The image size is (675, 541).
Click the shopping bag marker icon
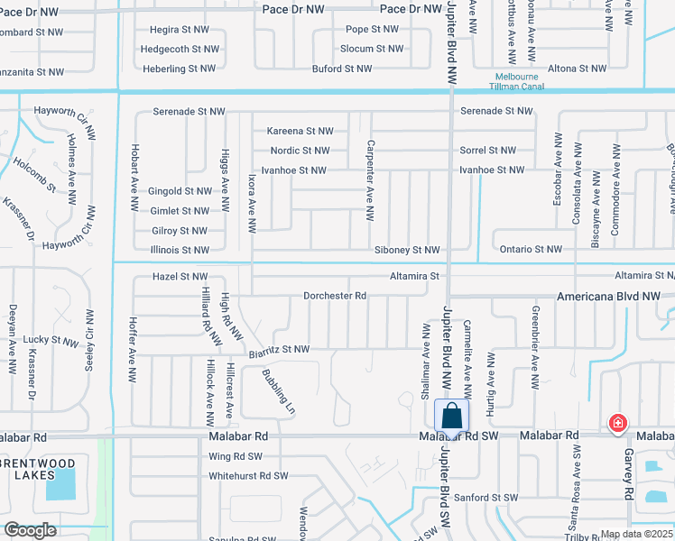point(452,417)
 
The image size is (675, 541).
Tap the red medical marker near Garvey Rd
point(617,422)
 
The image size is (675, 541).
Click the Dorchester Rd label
point(334,296)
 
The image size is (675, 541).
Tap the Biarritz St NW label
point(279,349)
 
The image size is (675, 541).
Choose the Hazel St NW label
point(180,276)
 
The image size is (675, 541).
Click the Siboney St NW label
point(408,250)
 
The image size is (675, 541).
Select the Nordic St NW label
point(301,151)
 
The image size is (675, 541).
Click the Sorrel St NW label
point(487,151)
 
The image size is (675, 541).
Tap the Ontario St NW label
point(528,250)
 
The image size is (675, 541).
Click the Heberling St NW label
point(179,69)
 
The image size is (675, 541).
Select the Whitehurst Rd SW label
point(248,475)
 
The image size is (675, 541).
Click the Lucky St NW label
point(51,341)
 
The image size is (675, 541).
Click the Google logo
point(30,530)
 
